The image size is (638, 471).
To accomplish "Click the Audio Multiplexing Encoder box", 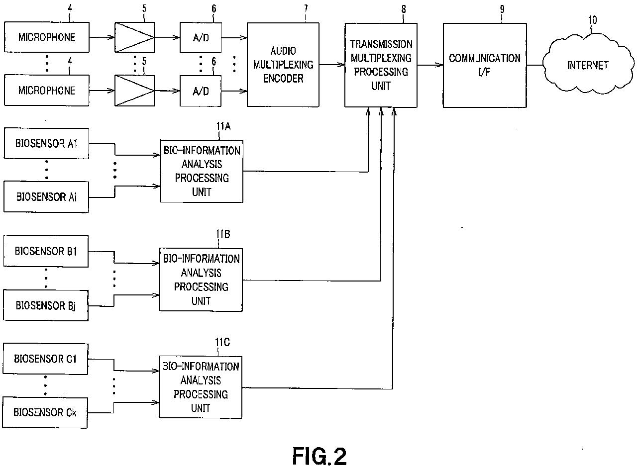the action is tap(283, 65).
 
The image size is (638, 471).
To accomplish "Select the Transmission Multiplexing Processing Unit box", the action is tap(381, 65).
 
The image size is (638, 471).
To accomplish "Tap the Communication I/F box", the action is tap(485, 65).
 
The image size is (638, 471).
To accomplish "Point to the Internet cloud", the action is tap(588, 65).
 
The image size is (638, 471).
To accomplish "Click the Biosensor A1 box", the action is tap(46, 143).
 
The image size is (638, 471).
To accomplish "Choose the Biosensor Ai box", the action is tap(46, 197).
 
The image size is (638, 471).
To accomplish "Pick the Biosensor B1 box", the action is tap(46, 251).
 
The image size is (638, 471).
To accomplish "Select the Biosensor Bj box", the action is tap(46, 305).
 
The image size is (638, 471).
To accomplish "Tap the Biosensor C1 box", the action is tap(45, 359).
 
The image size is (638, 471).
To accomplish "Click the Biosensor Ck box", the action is tap(45, 413).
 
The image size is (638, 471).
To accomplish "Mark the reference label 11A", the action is tap(223, 126).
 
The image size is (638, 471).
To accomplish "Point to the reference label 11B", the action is tap(223, 234).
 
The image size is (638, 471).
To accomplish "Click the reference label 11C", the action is tap(222, 342).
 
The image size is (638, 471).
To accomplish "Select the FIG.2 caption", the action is tap(319, 457).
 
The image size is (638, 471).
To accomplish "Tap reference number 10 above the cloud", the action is tap(592, 20).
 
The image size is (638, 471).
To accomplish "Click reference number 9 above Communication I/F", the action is tap(502, 9).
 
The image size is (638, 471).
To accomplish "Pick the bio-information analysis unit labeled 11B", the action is tap(201, 280).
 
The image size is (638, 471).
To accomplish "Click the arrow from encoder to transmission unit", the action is tap(332, 65).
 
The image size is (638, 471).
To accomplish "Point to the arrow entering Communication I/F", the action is tap(430, 65).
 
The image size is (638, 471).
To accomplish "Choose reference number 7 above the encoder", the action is tap(306, 9).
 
